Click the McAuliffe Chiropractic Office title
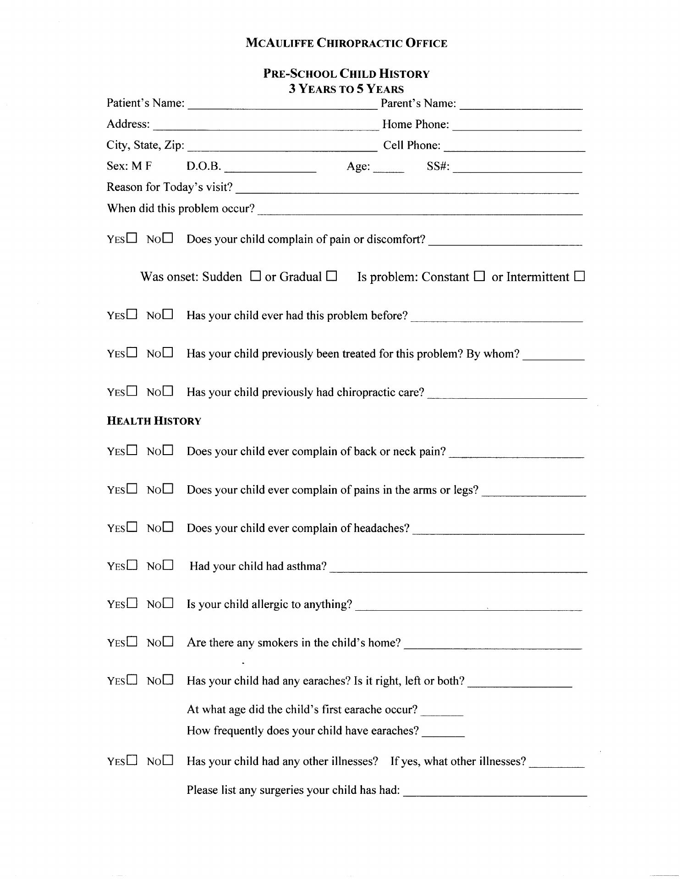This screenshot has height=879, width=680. point(346,43)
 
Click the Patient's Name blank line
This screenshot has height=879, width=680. point(282,105)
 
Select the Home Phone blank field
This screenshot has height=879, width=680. point(517,126)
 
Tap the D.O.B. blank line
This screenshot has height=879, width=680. point(270,168)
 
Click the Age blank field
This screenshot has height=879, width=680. point(389,168)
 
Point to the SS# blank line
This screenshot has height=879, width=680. point(517,168)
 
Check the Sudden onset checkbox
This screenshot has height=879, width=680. point(256,276)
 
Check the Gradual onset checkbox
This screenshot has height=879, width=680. point(331,276)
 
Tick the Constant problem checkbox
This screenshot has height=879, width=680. point(479,276)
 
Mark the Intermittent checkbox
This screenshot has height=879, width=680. point(580,276)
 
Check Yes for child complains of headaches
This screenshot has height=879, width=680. point(132,527)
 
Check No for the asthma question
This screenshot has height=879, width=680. point(168,565)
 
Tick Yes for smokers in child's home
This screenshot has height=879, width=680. point(132,641)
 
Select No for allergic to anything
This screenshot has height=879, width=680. point(168,603)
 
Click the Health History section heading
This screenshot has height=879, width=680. point(154,421)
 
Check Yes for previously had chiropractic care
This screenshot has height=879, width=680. point(132,391)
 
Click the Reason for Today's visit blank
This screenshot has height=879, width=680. point(407,189)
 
